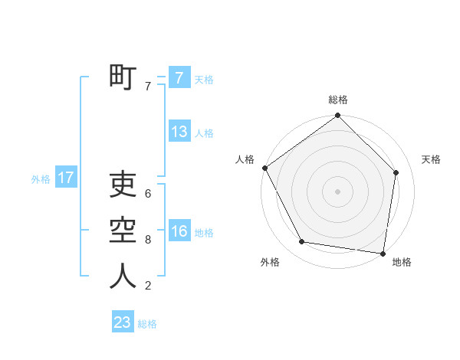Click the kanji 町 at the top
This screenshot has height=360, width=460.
(x=123, y=77)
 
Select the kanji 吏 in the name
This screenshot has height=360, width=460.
(x=123, y=185)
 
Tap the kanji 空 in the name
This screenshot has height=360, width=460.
(x=123, y=231)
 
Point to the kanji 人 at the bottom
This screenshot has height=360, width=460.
(x=123, y=277)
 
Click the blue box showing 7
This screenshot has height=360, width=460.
(x=179, y=78)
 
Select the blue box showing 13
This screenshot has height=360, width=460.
(x=179, y=132)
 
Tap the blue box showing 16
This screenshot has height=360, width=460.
(x=179, y=231)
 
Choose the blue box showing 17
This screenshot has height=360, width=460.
(x=66, y=178)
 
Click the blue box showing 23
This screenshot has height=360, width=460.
(x=123, y=322)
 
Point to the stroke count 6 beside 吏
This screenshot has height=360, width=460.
(x=148, y=194)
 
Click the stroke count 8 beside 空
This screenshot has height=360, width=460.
(x=148, y=240)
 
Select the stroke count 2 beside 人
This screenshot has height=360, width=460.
(x=148, y=286)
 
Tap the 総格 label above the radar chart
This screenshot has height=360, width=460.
(x=337, y=100)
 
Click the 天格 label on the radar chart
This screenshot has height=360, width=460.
(x=431, y=159)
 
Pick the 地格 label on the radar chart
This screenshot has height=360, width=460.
(x=402, y=262)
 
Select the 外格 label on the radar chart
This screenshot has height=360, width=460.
(x=270, y=262)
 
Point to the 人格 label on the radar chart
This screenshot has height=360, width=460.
(x=245, y=159)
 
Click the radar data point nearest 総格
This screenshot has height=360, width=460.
(x=337, y=116)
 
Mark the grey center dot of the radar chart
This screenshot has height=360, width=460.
(x=337, y=191)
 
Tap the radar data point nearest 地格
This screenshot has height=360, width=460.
(x=383, y=253)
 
